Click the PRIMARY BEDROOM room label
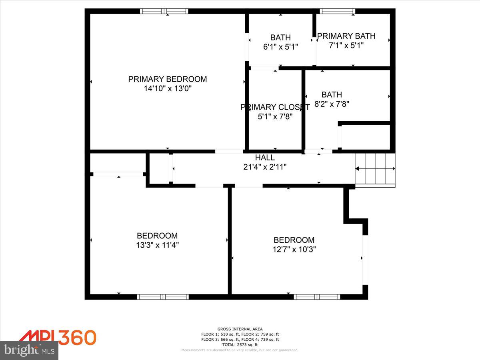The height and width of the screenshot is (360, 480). [168, 79]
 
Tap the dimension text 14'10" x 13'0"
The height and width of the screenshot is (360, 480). [168, 89]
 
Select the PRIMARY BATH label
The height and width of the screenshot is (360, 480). [346, 36]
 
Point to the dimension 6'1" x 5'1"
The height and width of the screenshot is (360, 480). [280, 47]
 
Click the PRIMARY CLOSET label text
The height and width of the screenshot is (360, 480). [275, 107]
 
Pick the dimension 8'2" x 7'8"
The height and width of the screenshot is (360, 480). [332, 104]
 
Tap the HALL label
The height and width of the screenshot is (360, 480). [265, 158]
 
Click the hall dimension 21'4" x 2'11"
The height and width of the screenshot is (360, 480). [265, 167]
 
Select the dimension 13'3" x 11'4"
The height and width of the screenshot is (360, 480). [157, 245]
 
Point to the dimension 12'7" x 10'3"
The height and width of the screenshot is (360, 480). [294, 249]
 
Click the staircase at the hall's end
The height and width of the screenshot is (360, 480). [375, 170]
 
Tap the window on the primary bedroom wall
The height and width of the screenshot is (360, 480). [164, 11]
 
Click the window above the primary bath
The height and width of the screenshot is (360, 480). [338, 11]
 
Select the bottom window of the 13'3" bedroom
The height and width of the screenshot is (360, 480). [163, 297]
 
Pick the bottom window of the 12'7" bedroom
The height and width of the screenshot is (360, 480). [317, 297]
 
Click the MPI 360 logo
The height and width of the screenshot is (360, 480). [58, 338]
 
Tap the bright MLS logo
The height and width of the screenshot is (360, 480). [29, 350]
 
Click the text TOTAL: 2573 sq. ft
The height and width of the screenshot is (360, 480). [240, 344]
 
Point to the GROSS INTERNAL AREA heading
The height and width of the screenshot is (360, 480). [240, 329]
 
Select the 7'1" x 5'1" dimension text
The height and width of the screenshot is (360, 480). [346, 46]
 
